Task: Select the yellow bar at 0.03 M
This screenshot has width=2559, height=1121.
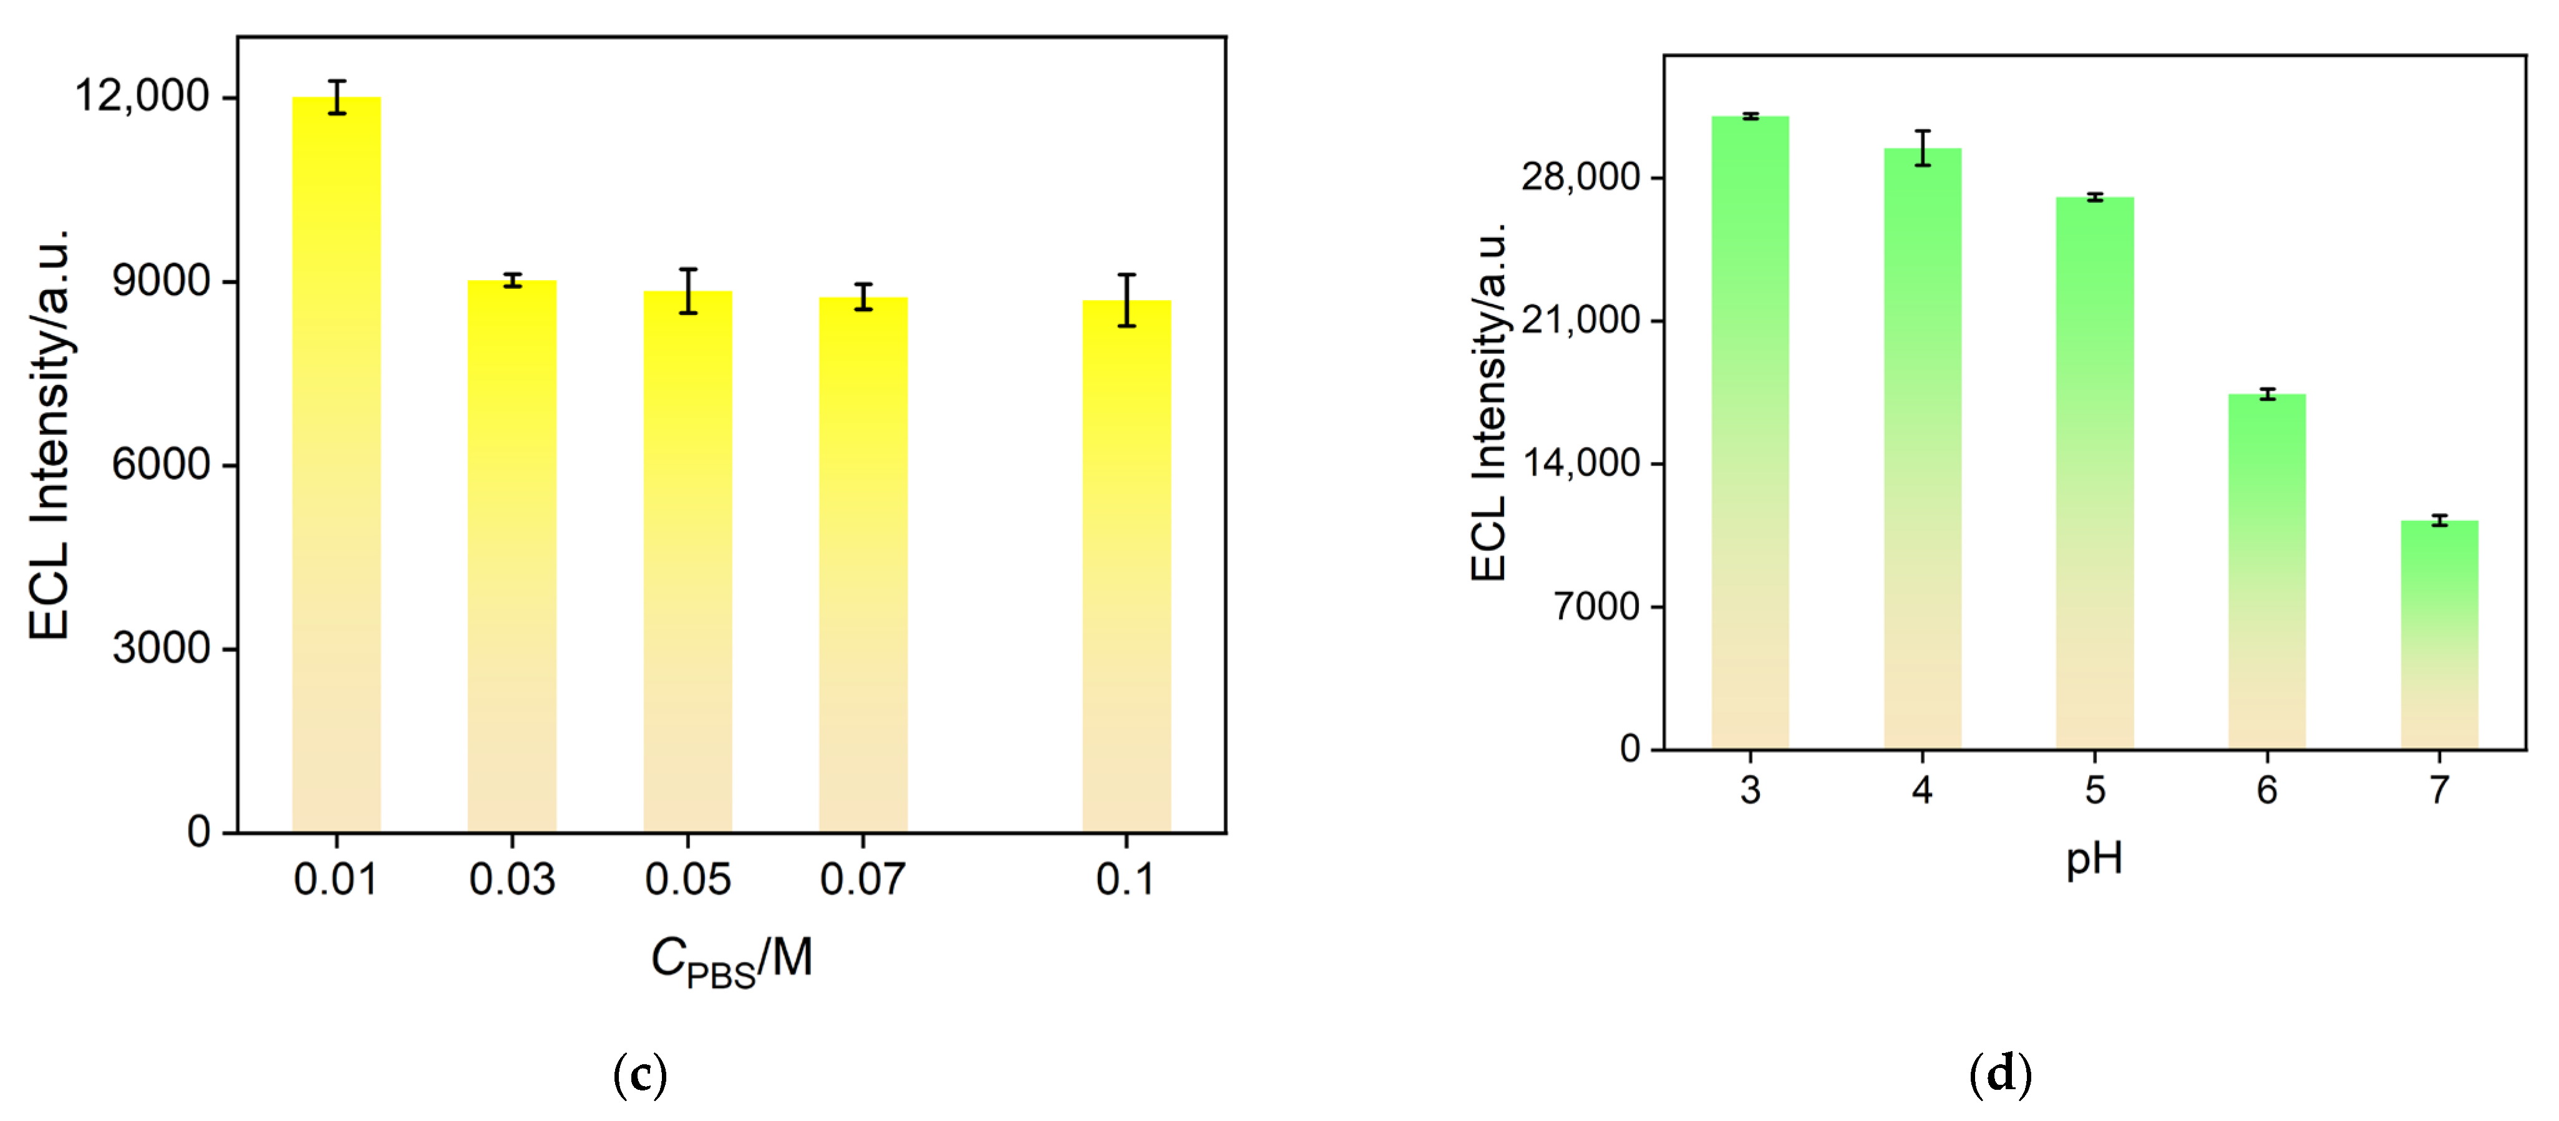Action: click(x=512, y=556)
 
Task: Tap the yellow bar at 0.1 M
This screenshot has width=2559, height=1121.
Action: click(x=1127, y=566)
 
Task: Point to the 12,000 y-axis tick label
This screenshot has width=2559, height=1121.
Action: click(x=142, y=97)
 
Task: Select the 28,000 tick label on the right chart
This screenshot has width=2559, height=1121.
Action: click(x=1580, y=177)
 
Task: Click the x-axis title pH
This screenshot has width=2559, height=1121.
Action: click(x=2094, y=858)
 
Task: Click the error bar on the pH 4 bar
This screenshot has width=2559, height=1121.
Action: click(x=1922, y=148)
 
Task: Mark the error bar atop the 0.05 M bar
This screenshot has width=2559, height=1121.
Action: click(x=687, y=291)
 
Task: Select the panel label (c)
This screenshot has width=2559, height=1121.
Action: click(x=640, y=1074)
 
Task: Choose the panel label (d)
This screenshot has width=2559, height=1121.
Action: click(x=1999, y=1074)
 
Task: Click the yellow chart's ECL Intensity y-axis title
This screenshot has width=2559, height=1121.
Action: click(x=50, y=434)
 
